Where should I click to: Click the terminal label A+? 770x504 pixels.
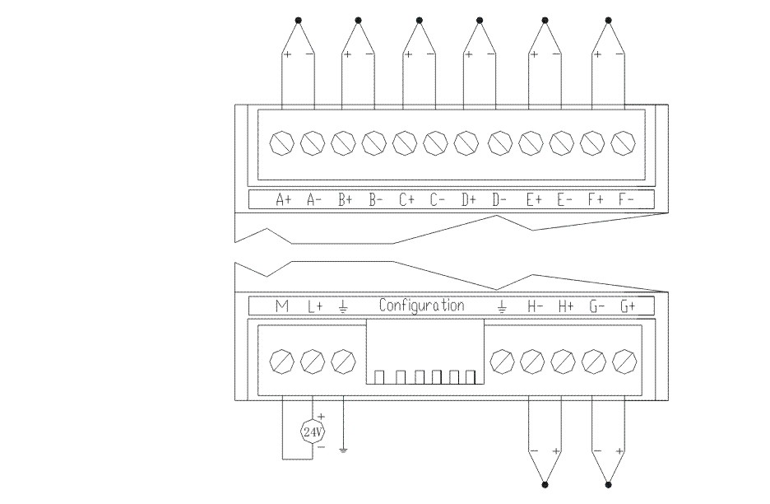click(284, 199)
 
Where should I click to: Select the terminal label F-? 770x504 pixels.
click(624, 199)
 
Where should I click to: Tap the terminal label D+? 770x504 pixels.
click(469, 199)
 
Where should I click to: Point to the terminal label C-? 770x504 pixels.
click(438, 199)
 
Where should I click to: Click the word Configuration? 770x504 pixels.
click(421, 306)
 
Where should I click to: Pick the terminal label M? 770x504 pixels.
click(282, 306)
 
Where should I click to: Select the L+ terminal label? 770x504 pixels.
click(315, 306)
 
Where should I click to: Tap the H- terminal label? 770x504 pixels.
click(535, 306)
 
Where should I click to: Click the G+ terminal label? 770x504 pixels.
click(629, 306)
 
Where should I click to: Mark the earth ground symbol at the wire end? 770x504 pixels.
click(343, 450)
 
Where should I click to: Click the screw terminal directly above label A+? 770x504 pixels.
click(282, 143)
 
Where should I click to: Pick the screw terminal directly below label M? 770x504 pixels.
click(282, 360)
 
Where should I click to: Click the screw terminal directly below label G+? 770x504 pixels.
click(624, 360)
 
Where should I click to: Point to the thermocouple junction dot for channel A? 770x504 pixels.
click(299, 19)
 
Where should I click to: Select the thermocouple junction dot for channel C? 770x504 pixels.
click(420, 19)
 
